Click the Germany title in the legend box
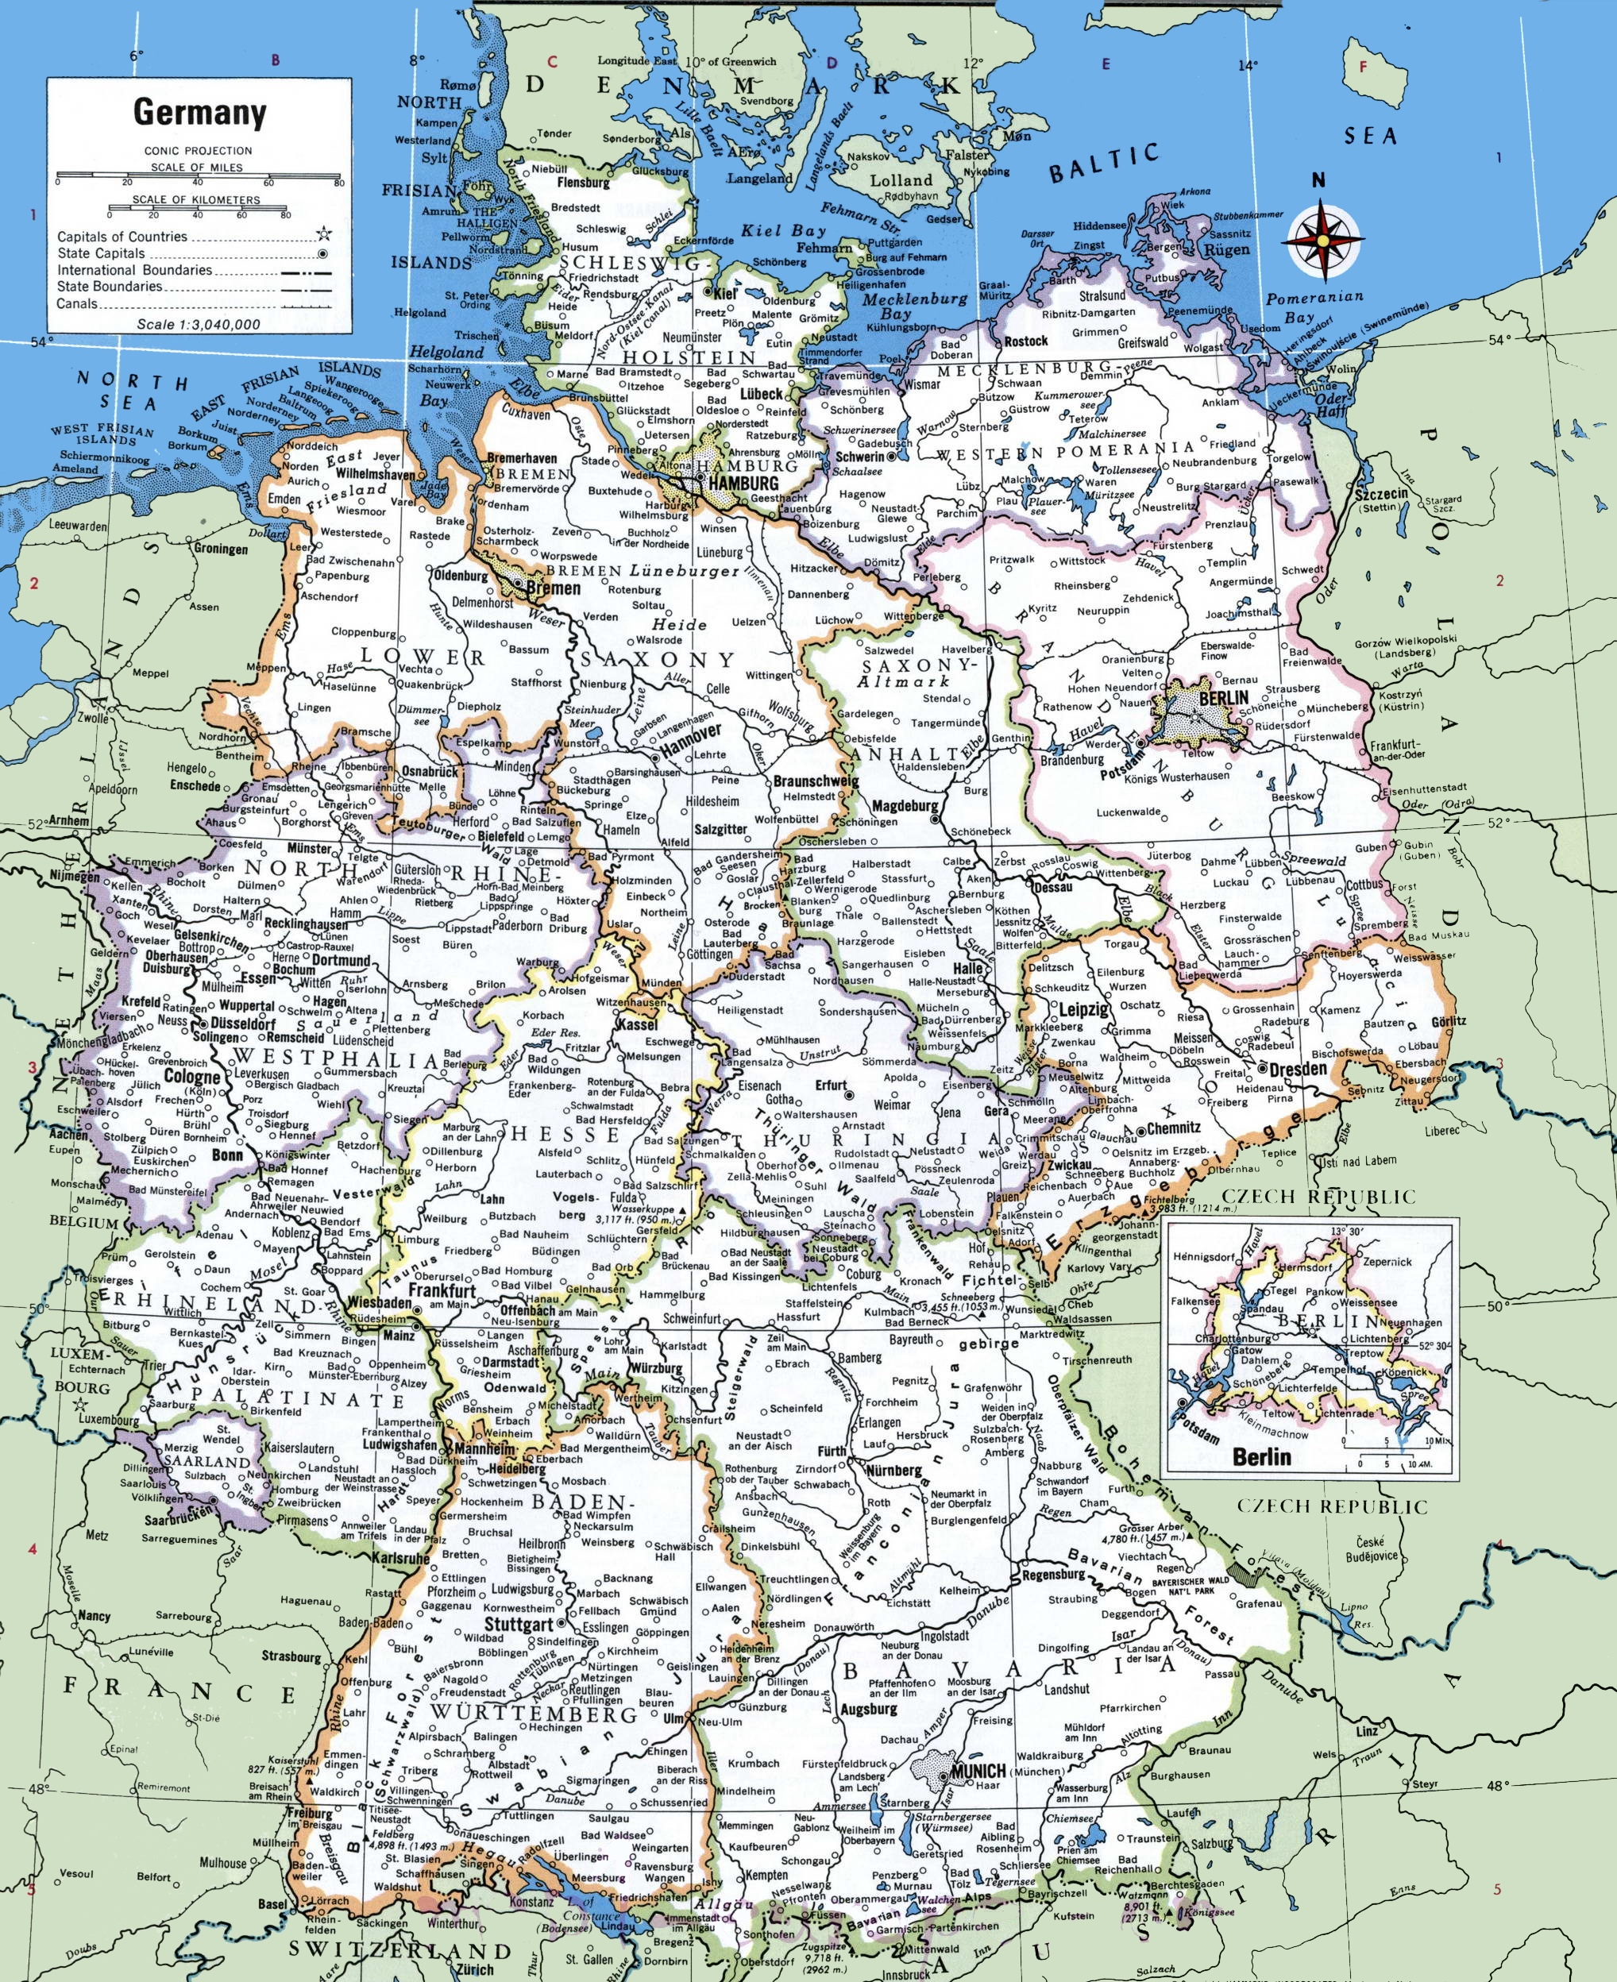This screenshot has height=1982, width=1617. [x=200, y=113]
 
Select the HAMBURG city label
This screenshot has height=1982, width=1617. [x=743, y=484]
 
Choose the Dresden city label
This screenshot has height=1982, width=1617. [x=1297, y=1070]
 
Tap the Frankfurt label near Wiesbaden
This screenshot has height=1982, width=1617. [x=442, y=1291]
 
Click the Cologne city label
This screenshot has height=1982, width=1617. [x=192, y=1077]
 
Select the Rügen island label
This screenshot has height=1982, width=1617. [x=1227, y=249]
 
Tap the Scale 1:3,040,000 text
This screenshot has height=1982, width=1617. [x=199, y=324]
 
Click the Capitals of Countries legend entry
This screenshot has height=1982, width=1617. [x=122, y=237]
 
